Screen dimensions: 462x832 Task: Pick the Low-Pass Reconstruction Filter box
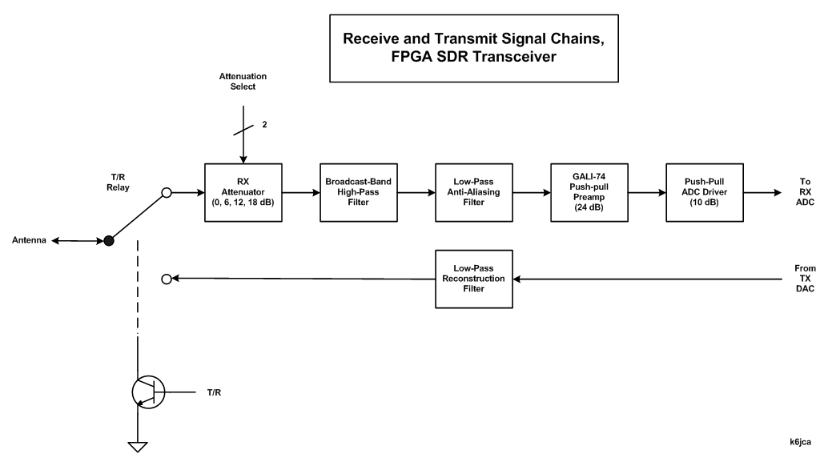pyautogui.click(x=473, y=279)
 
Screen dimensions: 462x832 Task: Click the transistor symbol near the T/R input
pyautogui.click(x=148, y=392)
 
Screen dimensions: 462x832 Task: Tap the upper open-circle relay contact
pyautogui.click(x=167, y=193)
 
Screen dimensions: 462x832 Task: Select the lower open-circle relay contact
pyautogui.click(x=167, y=279)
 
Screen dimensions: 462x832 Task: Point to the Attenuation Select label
pyautogui.click(x=243, y=81)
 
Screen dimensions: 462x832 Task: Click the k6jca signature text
pyautogui.click(x=803, y=441)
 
